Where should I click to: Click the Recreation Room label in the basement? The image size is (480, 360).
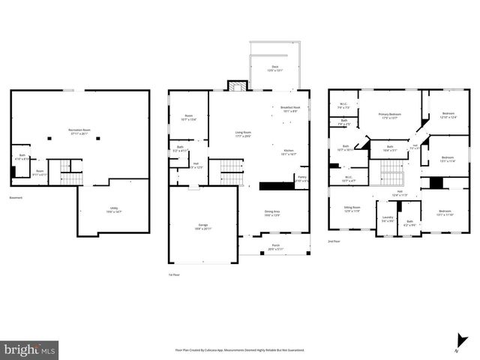79,130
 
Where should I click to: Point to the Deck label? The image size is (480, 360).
274,68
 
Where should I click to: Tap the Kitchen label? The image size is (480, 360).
289,152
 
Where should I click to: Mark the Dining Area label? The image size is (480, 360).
271,213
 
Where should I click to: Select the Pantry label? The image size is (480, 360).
301,179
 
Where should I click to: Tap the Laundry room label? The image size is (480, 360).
388,218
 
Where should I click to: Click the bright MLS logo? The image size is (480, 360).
30,349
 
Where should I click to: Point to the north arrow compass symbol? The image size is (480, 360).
456,349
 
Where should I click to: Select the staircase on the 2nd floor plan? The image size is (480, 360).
391,179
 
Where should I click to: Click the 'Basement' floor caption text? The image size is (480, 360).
16,198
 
